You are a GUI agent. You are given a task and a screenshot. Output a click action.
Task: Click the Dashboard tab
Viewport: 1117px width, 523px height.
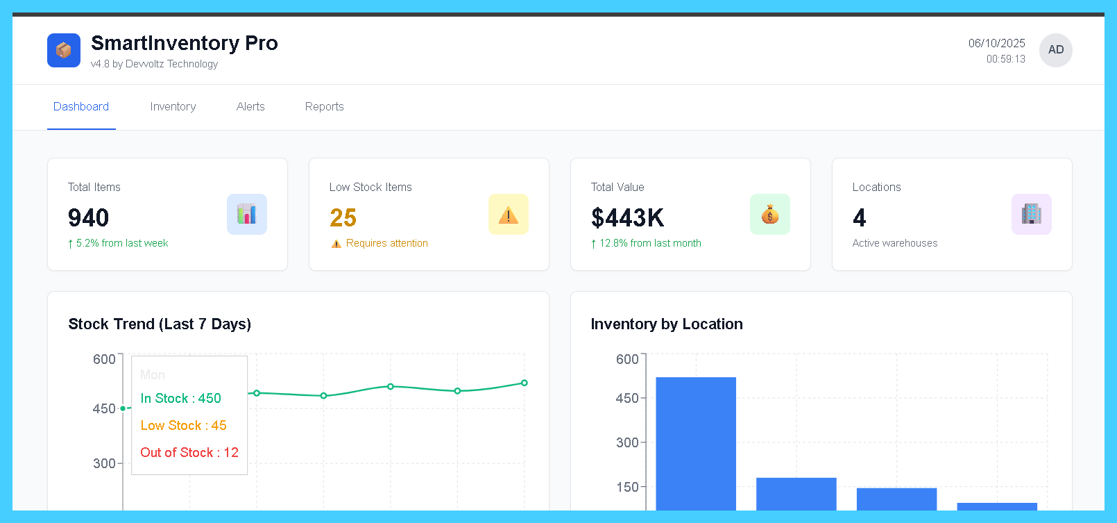[x=81, y=107]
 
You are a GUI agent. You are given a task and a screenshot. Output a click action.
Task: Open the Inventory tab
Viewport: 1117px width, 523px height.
[x=173, y=107]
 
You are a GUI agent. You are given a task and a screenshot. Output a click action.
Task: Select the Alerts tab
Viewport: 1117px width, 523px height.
[x=250, y=107]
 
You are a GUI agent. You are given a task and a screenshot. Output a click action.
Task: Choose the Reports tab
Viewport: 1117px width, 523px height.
[x=324, y=107]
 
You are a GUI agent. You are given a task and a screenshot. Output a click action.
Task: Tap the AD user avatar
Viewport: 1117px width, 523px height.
[x=1055, y=50]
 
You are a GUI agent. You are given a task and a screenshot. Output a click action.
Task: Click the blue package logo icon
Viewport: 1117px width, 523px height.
[x=64, y=51]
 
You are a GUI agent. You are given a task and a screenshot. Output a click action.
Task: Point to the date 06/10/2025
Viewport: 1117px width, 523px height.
[x=996, y=43]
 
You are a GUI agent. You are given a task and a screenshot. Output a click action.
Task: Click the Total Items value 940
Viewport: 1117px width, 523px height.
[x=88, y=218]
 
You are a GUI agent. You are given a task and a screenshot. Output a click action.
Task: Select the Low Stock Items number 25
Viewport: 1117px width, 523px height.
[x=343, y=218]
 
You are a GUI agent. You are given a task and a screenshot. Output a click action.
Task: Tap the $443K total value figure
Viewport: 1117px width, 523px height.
[x=627, y=218]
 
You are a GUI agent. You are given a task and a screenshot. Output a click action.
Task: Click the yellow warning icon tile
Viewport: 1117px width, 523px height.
[x=508, y=214]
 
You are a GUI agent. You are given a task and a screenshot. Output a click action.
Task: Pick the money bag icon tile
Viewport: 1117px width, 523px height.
[x=769, y=214]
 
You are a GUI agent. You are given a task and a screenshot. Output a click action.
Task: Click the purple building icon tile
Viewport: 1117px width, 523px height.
[x=1031, y=214]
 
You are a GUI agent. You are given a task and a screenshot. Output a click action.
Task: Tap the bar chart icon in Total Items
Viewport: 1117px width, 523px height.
[x=246, y=214]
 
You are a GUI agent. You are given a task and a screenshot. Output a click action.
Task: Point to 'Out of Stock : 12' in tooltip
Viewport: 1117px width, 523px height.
[x=189, y=453]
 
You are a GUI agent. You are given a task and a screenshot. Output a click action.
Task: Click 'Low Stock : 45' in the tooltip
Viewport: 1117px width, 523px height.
[x=183, y=426]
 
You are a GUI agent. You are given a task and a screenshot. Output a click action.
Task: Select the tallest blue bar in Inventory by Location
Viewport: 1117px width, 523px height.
[x=695, y=445]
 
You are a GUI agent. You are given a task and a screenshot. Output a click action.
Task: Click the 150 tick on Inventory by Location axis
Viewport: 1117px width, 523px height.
[x=627, y=487]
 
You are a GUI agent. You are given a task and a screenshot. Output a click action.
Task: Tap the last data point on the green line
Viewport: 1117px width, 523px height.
[x=524, y=383]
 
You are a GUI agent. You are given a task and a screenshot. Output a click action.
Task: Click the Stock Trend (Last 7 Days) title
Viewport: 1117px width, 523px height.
[x=160, y=324]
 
